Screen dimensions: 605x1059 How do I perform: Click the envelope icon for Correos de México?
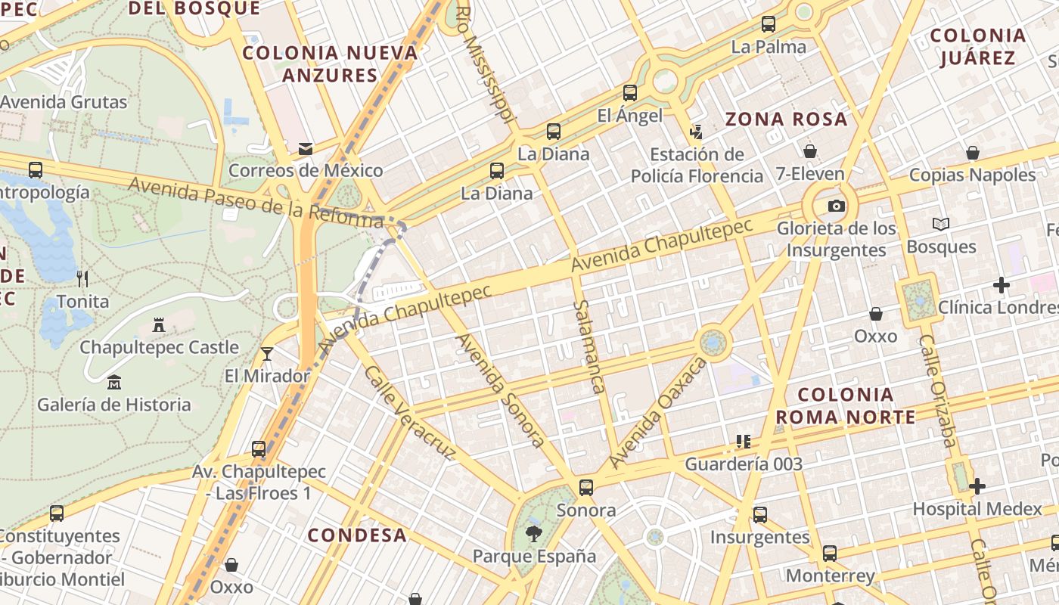pyautogui.click(x=306, y=149)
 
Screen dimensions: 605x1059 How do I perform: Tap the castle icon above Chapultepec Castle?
pyautogui.click(x=159, y=325)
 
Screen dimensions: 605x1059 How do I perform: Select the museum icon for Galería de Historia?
pyautogui.click(x=114, y=382)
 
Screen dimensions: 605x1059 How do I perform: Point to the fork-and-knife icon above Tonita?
pyautogui.click(x=83, y=278)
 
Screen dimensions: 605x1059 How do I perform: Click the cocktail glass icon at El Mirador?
pyautogui.click(x=266, y=353)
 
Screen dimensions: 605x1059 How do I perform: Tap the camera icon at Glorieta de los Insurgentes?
pyautogui.click(x=836, y=206)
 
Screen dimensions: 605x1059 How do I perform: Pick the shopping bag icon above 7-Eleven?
pyautogui.click(x=810, y=151)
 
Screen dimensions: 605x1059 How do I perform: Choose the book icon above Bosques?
pyautogui.click(x=941, y=225)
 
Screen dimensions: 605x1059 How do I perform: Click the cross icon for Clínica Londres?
pyautogui.click(x=1002, y=285)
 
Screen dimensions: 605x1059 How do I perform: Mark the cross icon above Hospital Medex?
pyautogui.click(x=977, y=486)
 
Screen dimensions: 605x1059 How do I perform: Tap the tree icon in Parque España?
pyautogui.click(x=534, y=534)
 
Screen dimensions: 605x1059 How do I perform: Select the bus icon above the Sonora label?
pyautogui.click(x=586, y=488)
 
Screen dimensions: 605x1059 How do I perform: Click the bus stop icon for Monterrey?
pyautogui.click(x=830, y=554)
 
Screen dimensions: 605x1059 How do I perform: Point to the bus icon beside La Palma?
pyautogui.click(x=769, y=24)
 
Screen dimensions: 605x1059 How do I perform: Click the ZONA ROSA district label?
pyautogui.click(x=786, y=119)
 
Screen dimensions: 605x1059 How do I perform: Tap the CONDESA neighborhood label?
pyautogui.click(x=357, y=535)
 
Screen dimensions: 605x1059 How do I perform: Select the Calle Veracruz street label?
pyautogui.click(x=409, y=413)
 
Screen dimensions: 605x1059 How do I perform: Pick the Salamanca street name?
pyautogui.click(x=589, y=346)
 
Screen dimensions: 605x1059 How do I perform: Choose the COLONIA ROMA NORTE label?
pyautogui.click(x=846, y=405)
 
